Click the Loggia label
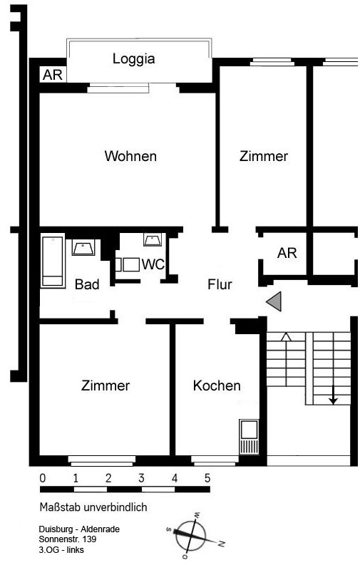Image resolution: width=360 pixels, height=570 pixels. (133, 59)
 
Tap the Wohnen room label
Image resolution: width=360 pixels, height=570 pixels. (130, 156)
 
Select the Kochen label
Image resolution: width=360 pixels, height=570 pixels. (217, 385)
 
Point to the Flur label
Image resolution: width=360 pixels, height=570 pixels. (220, 284)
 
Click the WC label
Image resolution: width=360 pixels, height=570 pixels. (153, 264)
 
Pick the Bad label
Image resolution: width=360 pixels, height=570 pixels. (87, 284)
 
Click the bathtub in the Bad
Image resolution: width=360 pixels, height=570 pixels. (53, 261)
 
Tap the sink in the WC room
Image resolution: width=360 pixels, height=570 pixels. (153, 240)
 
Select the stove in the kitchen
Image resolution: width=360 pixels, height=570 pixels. (249, 437)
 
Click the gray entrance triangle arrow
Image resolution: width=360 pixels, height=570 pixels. (274, 301)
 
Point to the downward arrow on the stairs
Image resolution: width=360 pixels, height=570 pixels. (333, 395)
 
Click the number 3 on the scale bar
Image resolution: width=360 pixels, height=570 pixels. (141, 478)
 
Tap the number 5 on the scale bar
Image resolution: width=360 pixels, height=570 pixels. (207, 478)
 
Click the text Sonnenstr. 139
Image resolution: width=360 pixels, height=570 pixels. (68, 539)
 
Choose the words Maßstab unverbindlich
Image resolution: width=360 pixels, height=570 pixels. (93, 507)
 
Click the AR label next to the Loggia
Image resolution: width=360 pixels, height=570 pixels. (53, 75)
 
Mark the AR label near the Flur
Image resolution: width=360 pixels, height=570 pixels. (287, 253)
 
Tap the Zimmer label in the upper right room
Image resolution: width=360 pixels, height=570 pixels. (264, 156)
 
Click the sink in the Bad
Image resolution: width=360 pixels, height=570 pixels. (83, 247)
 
